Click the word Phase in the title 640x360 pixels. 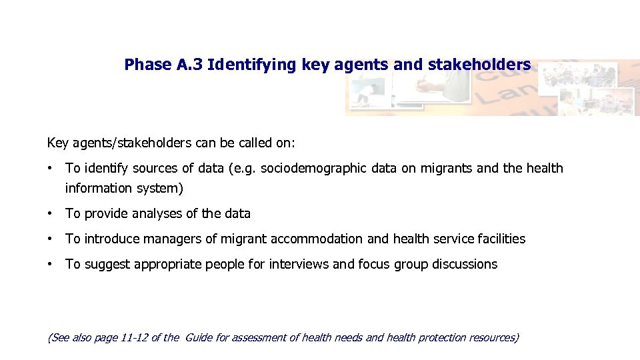pos(148,65)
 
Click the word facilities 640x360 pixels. pos(501,239)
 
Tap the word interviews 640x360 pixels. pos(299,264)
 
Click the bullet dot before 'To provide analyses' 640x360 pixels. pos(51,213)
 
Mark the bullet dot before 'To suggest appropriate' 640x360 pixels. pos(51,264)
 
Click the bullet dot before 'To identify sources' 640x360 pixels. pos(51,168)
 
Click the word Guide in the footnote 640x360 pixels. pos(198,337)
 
